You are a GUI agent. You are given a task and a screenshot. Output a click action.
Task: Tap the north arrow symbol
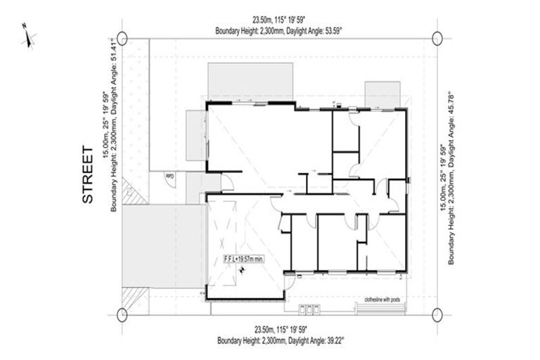click(x=28, y=36)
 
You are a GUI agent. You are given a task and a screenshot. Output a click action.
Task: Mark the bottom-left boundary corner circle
click(x=122, y=314)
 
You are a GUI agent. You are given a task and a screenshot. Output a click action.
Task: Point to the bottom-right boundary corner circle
click(x=437, y=314)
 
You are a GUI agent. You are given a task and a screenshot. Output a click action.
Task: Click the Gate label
click(x=169, y=176)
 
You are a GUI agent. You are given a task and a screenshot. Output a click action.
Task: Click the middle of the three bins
click(x=309, y=309)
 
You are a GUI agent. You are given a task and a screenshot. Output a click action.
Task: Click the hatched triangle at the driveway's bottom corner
click(x=130, y=297)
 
